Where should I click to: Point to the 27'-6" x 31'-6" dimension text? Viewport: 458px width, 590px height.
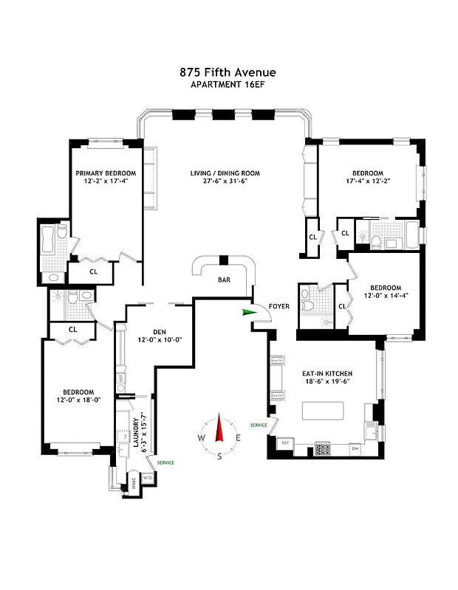click(225, 184)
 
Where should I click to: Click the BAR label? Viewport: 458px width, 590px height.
click(224, 280)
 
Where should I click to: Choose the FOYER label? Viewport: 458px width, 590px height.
click(279, 306)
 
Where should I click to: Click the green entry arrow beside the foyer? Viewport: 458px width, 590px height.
click(246, 313)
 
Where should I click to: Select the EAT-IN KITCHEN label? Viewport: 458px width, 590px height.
click(326, 374)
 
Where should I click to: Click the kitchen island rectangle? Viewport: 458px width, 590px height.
click(322, 410)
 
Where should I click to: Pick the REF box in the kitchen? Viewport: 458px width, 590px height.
click(285, 444)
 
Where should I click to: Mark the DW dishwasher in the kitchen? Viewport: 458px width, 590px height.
click(355, 448)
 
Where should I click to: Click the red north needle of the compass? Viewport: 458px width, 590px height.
click(219, 429)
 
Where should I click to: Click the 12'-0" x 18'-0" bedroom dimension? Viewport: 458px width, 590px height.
click(78, 400)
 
